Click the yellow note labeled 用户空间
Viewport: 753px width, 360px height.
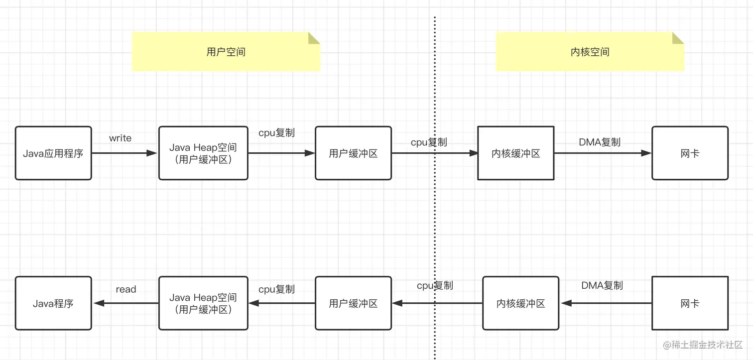click(x=226, y=52)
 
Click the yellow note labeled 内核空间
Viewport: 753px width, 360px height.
click(x=590, y=52)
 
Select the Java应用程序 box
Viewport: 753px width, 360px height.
click(x=53, y=153)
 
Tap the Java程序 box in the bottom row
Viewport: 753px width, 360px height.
click(x=53, y=303)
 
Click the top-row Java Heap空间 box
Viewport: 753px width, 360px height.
click(x=203, y=153)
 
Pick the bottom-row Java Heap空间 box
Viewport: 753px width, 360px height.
click(x=203, y=303)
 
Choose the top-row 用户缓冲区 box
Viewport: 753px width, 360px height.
click(x=354, y=153)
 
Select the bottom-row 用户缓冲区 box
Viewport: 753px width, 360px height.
click(x=354, y=303)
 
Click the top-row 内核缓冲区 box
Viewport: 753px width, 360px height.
click(x=516, y=153)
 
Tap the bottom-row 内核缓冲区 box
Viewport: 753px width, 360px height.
click(x=521, y=303)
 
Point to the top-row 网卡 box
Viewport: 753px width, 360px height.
click(x=690, y=153)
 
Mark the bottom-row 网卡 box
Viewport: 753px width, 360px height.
click(x=690, y=303)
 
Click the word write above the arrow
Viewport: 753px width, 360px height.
click(x=120, y=138)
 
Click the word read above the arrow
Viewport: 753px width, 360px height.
click(x=125, y=289)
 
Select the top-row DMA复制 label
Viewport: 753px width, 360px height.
click(x=600, y=142)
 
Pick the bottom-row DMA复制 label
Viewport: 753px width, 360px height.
click(x=602, y=285)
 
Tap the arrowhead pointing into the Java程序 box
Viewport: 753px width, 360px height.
click(x=98, y=303)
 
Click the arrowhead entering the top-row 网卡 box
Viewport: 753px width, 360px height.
click(x=646, y=153)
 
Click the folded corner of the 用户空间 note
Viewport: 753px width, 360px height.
click(x=314, y=38)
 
